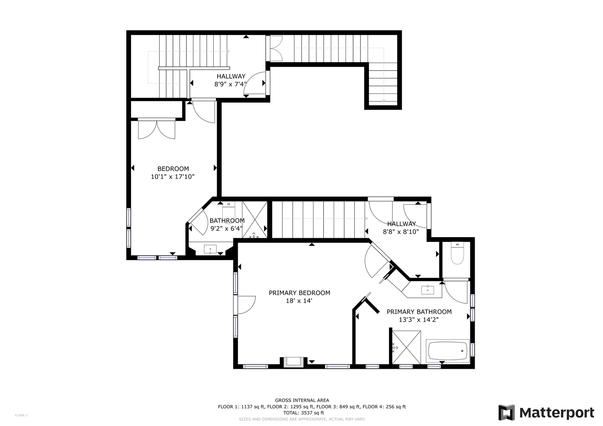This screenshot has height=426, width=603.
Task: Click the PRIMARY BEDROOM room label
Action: pyautogui.click(x=299, y=293)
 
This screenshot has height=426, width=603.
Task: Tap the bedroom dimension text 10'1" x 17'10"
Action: pyautogui.click(x=173, y=177)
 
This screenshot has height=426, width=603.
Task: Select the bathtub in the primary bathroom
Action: pyautogui.click(x=448, y=351)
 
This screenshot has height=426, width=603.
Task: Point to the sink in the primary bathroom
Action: pyautogui.click(x=428, y=290)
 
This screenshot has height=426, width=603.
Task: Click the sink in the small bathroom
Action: pyautogui.click(x=210, y=249)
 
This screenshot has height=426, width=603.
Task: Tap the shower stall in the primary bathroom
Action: pyautogui.click(x=406, y=347)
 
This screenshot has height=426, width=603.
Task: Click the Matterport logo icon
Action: pyautogui.click(x=506, y=412)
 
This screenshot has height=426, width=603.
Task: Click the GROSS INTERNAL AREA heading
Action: pyautogui.click(x=302, y=400)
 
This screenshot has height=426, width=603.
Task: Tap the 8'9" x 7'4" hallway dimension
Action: pyautogui.click(x=231, y=84)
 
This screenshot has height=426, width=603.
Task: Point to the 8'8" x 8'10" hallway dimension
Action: pyautogui.click(x=401, y=232)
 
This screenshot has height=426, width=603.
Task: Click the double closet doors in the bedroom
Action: pyautogui.click(x=157, y=129)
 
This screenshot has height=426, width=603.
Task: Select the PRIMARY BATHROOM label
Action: pyautogui.click(x=419, y=312)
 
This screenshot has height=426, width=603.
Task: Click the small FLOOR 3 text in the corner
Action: pyautogui.click(x=21, y=415)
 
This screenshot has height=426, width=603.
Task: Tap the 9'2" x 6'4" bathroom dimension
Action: pyautogui.click(x=226, y=229)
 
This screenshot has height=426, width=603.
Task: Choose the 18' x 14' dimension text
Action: pyautogui.click(x=299, y=301)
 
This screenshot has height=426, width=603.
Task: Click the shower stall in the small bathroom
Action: pyautogui.click(x=255, y=219)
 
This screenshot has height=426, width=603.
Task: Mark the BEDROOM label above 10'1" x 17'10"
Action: pyautogui.click(x=173, y=169)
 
